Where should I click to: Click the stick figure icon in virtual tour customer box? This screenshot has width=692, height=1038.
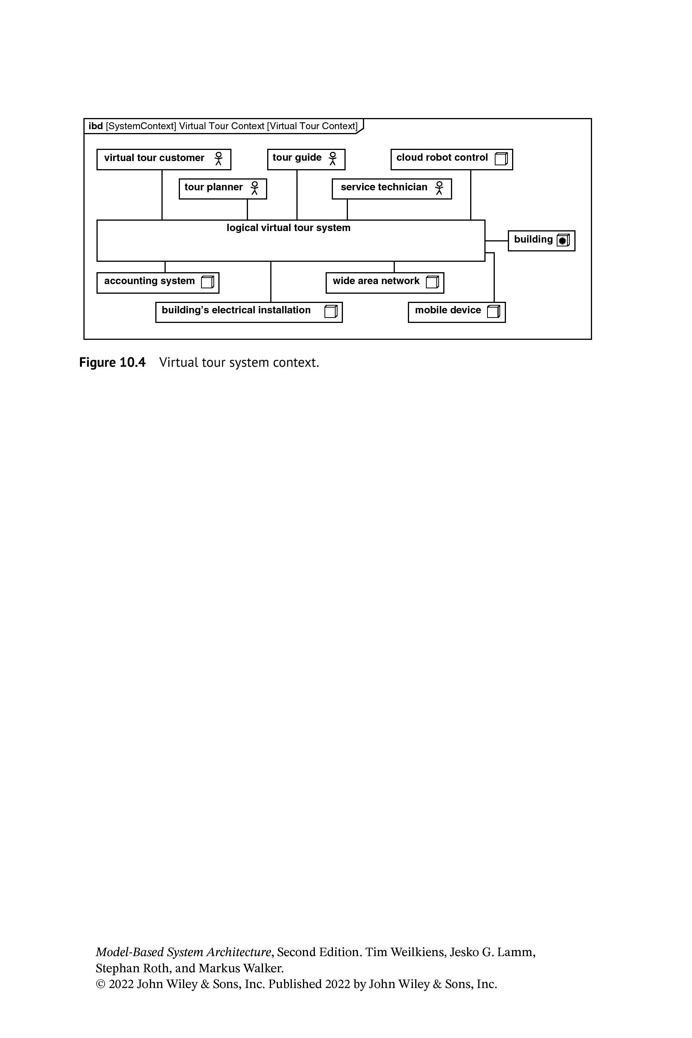click(218, 158)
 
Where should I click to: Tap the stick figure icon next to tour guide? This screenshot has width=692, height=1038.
click(333, 158)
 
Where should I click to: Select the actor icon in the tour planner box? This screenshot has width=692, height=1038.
click(255, 188)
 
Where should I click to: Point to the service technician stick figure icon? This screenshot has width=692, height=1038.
click(439, 188)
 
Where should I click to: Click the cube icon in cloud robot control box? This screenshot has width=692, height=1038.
click(501, 158)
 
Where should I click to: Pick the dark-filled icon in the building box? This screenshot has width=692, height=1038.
click(563, 240)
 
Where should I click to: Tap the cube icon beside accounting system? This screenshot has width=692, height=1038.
click(208, 281)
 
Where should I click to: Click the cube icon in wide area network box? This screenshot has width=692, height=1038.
click(432, 281)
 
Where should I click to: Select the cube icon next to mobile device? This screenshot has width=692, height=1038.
click(494, 311)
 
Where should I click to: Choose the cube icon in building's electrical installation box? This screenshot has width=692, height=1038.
click(331, 311)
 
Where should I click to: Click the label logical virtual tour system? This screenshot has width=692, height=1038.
click(289, 228)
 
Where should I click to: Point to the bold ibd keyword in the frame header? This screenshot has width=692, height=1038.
click(96, 126)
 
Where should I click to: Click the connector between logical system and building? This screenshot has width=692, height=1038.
click(496, 241)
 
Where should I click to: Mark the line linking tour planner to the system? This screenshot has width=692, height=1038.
click(248, 210)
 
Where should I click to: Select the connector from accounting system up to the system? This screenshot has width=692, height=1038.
click(165, 267)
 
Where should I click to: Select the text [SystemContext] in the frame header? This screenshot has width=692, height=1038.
click(141, 126)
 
